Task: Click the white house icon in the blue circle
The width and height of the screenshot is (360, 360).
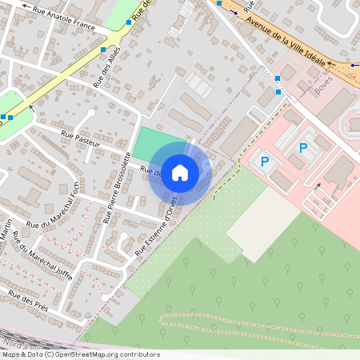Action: (x=180, y=173)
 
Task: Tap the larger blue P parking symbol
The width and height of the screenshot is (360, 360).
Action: (x=303, y=147)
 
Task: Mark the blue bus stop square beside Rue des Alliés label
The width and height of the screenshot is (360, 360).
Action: (x=103, y=50)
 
